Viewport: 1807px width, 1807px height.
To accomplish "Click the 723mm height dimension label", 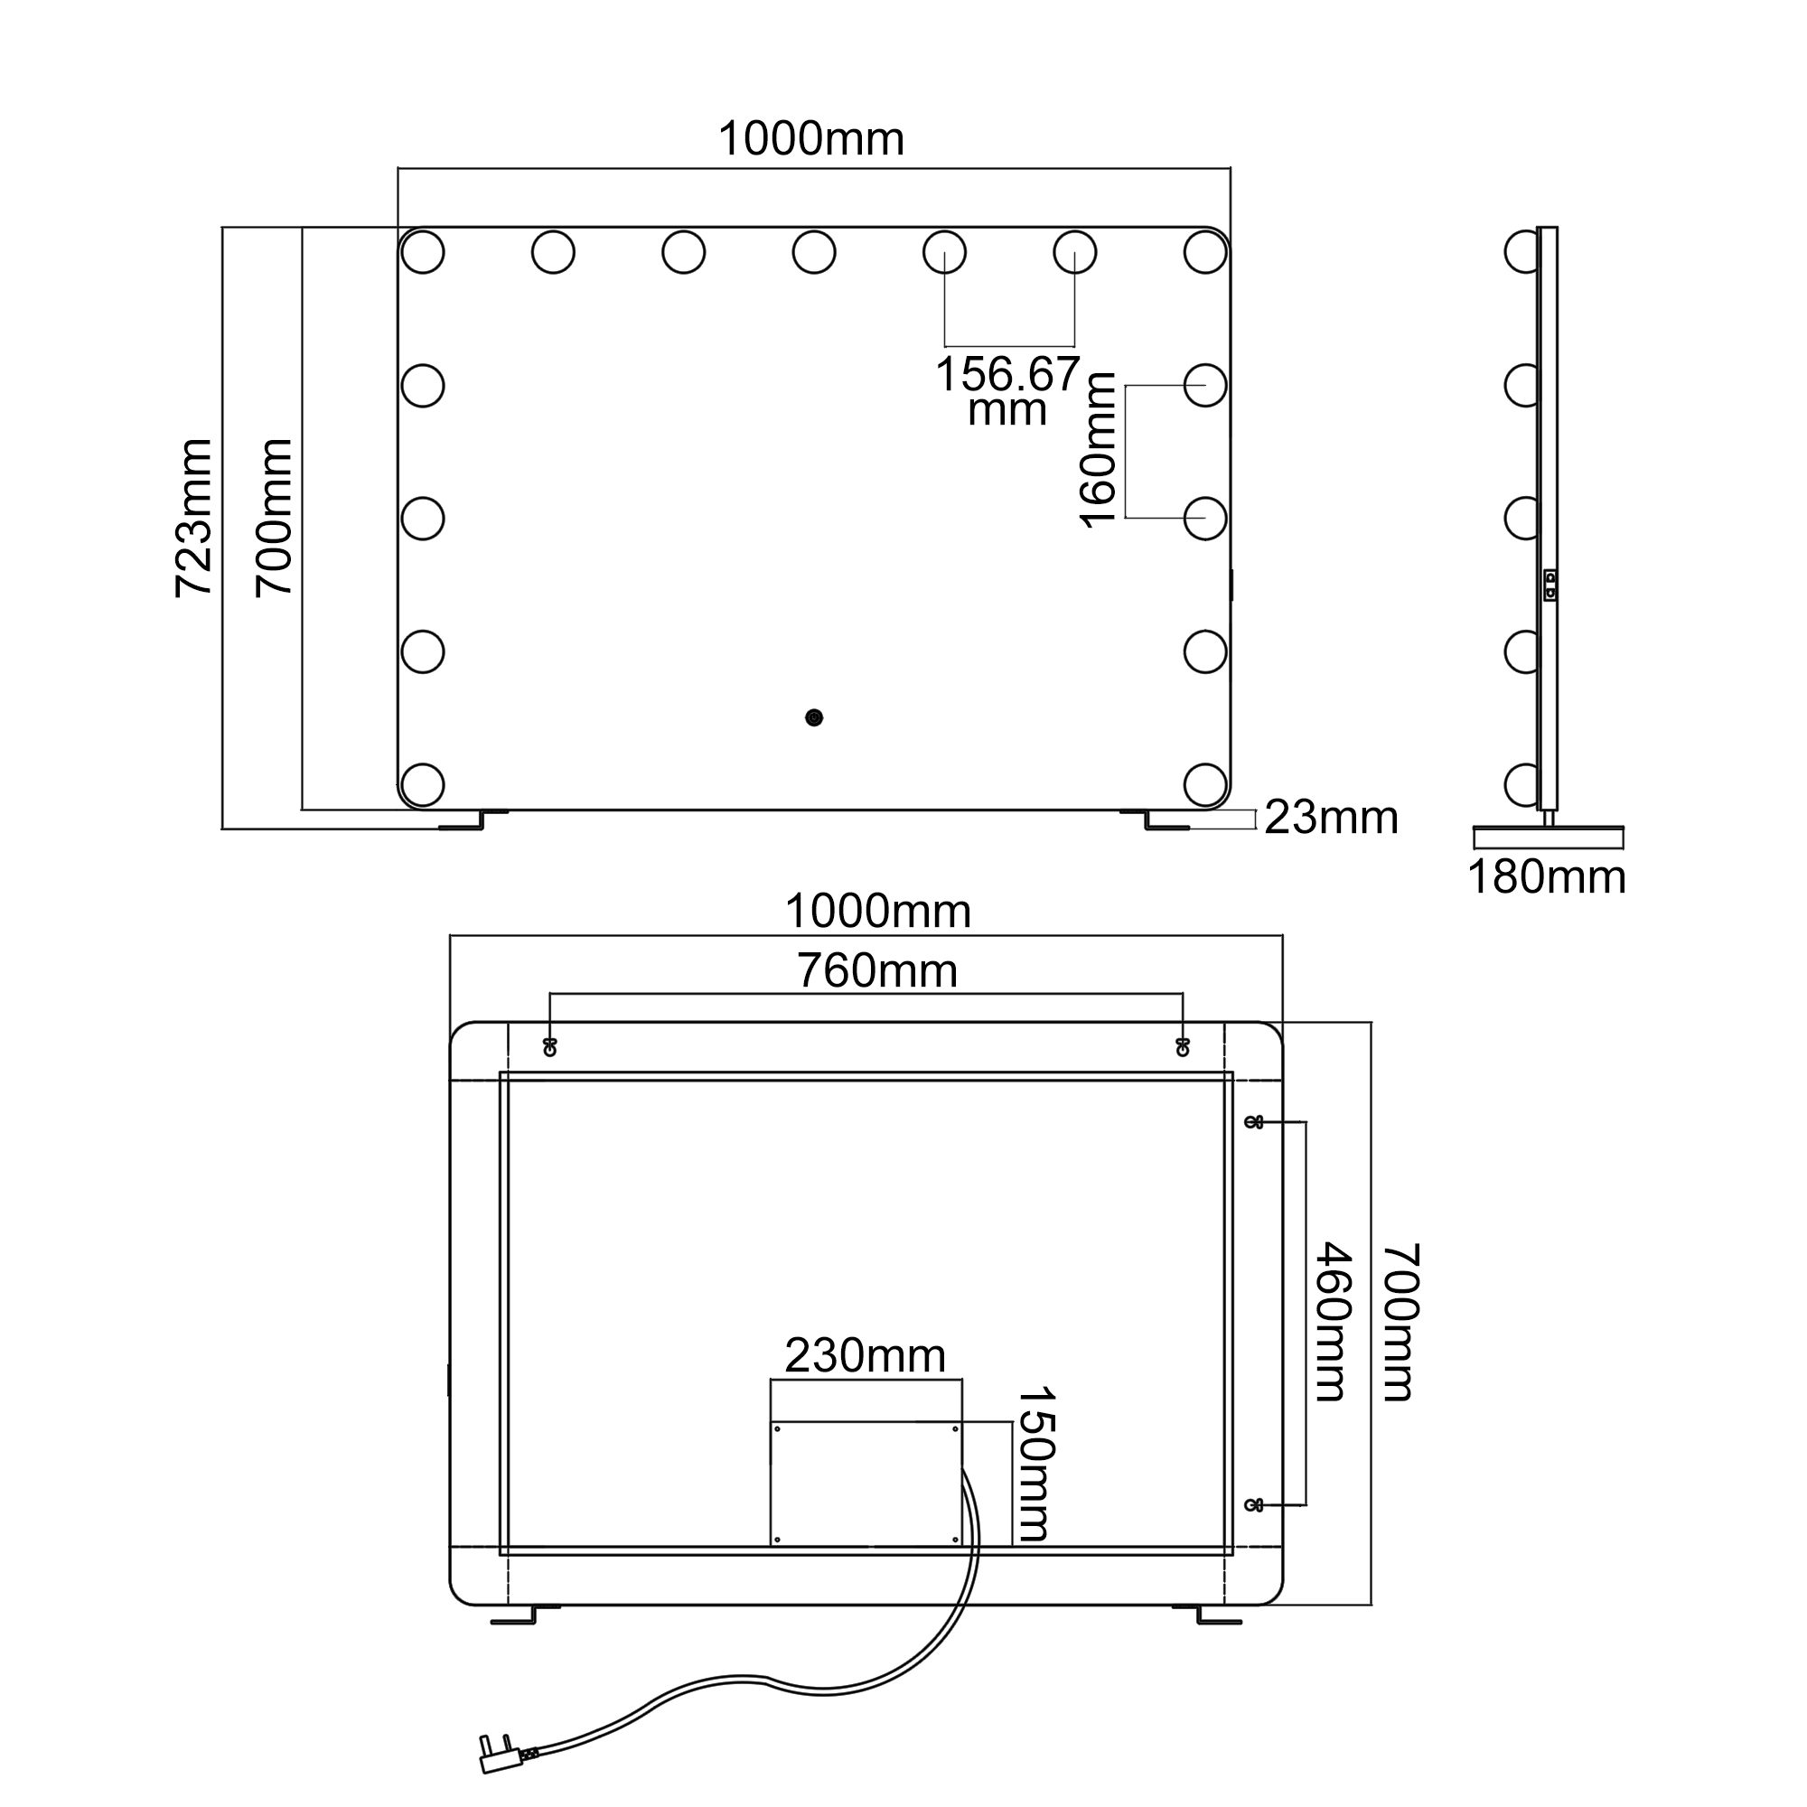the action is tap(194, 517).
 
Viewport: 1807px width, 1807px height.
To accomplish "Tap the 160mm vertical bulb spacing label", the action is tap(1097, 450).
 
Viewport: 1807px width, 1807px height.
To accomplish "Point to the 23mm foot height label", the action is tap(1331, 818).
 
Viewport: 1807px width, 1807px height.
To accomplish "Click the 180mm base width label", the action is tap(1547, 877).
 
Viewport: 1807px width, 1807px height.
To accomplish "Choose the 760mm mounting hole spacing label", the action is tap(877, 971).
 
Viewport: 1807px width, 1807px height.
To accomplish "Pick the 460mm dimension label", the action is tap(1333, 1322).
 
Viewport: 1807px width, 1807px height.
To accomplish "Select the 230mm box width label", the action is tap(866, 1355).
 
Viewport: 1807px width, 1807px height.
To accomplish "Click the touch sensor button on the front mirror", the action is tap(814, 717).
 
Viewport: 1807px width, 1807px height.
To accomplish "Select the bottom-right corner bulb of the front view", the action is tap(1204, 782).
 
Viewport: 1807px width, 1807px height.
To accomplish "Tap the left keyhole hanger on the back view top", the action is tap(550, 1046).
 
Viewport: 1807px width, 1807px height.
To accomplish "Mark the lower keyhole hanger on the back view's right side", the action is tap(1254, 1505).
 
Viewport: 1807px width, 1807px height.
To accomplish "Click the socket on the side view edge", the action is tap(1550, 585).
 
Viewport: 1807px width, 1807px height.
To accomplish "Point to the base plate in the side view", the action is tap(1548, 838).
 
